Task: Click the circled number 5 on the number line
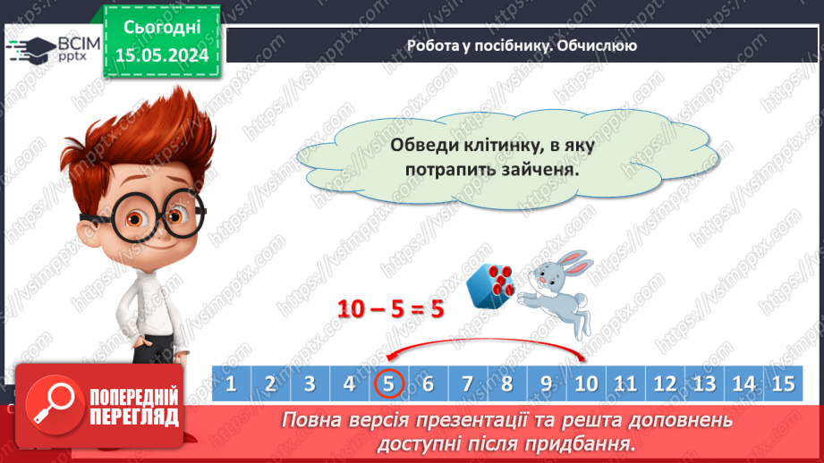pyautogui.click(x=389, y=384)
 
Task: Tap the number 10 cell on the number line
pyautogui.click(x=585, y=384)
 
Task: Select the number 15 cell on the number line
pyautogui.click(x=782, y=384)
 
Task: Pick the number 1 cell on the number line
pyautogui.click(x=231, y=384)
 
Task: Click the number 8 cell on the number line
pyautogui.click(x=506, y=384)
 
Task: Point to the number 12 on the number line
pyautogui.click(x=664, y=384)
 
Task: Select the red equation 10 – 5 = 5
pyautogui.click(x=390, y=308)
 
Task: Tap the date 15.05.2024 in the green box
pyautogui.click(x=162, y=55)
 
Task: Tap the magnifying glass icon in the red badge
pyautogui.click(x=50, y=405)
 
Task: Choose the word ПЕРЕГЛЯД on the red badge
pyautogui.click(x=132, y=417)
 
